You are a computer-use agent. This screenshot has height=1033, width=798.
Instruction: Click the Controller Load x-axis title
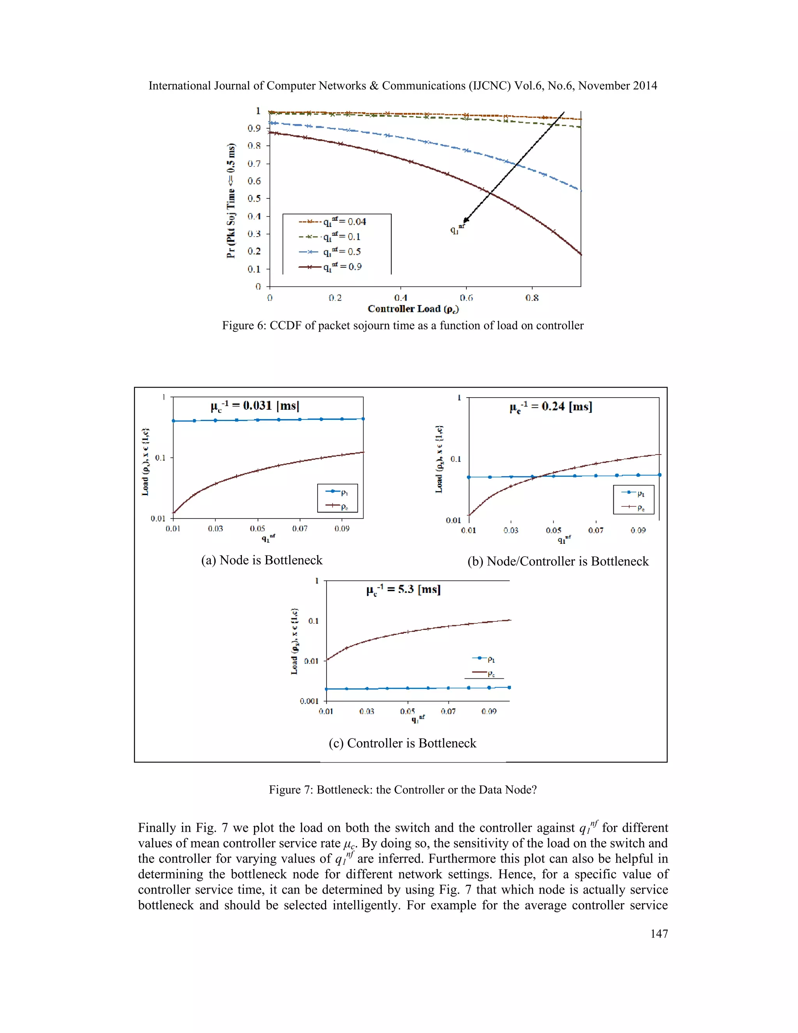click(413, 309)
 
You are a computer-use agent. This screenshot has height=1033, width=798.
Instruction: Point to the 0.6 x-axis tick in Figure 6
click(466, 297)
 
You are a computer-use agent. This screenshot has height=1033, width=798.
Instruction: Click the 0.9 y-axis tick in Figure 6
click(254, 128)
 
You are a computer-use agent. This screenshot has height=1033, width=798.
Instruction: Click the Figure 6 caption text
click(403, 325)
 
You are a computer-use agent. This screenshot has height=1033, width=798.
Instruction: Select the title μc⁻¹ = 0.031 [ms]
click(255, 406)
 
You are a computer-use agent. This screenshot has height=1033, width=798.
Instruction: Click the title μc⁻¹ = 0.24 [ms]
click(551, 407)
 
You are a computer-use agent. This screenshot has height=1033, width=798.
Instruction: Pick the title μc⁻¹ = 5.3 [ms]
click(403, 589)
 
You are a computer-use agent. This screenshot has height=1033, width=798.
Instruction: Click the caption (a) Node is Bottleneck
click(261, 560)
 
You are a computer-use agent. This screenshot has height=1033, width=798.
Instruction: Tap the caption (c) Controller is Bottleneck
click(402, 743)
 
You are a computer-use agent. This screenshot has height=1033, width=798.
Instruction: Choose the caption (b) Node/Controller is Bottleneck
click(558, 561)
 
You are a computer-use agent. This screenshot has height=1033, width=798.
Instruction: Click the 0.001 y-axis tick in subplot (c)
click(309, 701)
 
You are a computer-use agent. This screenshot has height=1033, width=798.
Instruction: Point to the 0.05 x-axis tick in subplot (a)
click(258, 528)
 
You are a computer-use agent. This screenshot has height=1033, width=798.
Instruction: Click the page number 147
click(659, 933)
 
